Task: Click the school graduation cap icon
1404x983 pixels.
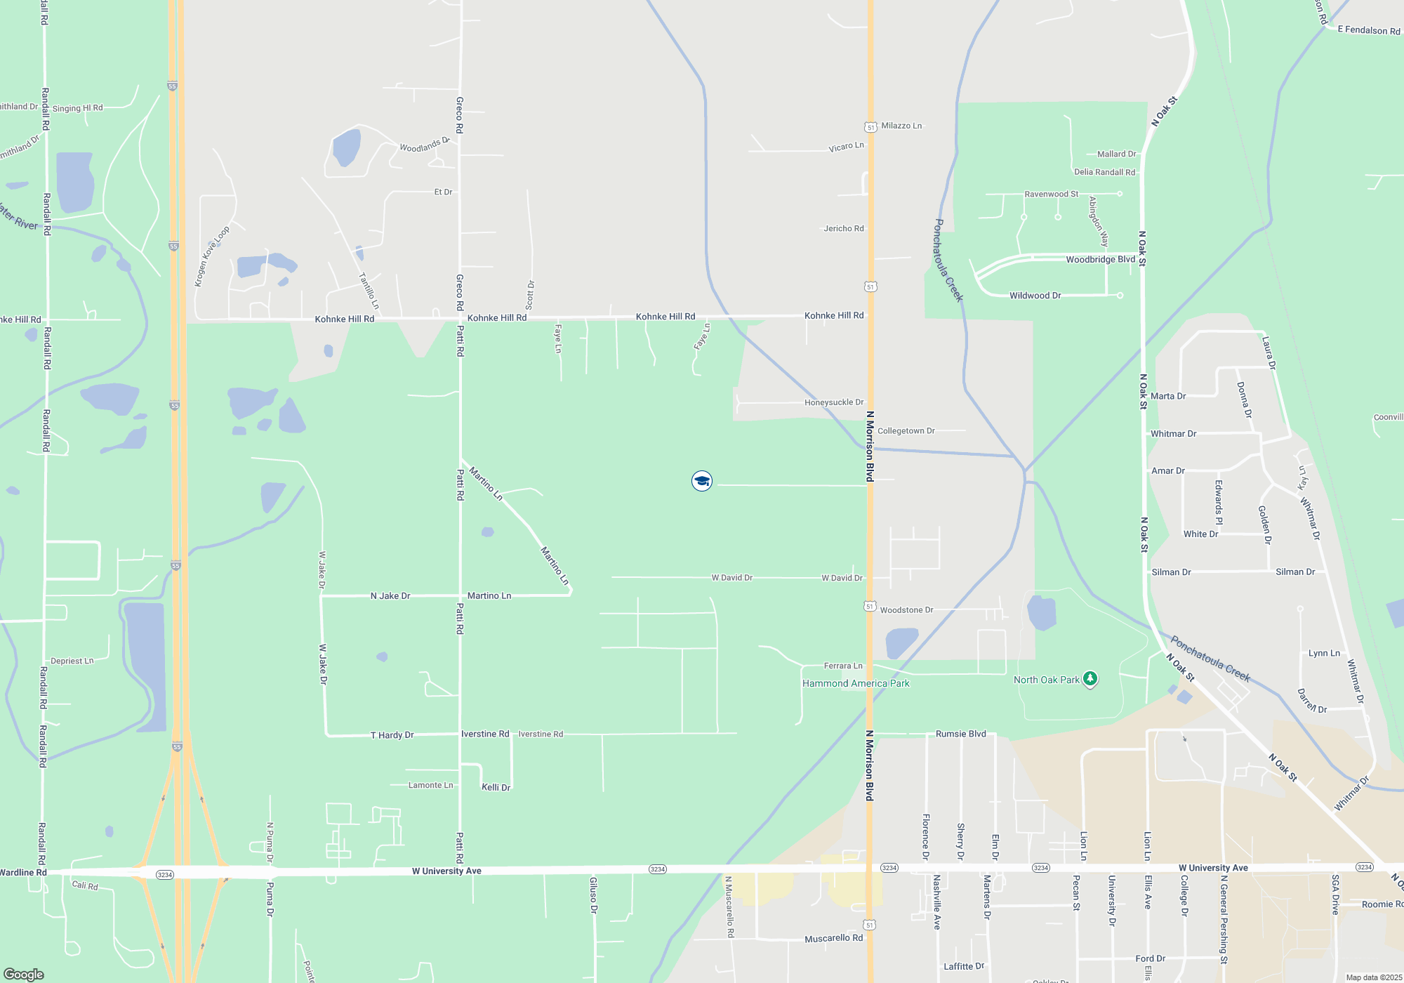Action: coord(701,481)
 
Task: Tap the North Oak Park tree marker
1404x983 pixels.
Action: coord(1090,679)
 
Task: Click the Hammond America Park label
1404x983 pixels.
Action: coord(856,683)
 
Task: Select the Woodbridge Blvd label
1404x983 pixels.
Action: coord(1100,260)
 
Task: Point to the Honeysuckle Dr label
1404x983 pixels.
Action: coord(833,402)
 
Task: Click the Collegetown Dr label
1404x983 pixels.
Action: coord(906,431)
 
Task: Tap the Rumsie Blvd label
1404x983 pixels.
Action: coord(960,734)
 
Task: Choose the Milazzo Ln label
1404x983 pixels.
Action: coord(901,126)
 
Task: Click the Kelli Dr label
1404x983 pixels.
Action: coord(496,787)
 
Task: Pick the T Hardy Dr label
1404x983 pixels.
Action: coord(392,735)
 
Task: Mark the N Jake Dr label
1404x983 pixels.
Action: coord(390,596)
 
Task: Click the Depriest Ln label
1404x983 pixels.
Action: coord(72,661)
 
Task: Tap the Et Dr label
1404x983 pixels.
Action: coord(443,192)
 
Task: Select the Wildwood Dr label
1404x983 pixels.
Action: coord(1035,296)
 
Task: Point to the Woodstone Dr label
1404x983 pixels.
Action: coord(906,610)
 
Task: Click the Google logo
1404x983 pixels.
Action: coord(24,974)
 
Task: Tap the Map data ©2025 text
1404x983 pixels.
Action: coord(1373,977)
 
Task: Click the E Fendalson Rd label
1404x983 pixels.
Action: coord(1368,30)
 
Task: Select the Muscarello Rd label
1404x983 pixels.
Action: coord(833,938)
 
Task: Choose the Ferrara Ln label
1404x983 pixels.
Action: coord(842,666)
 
